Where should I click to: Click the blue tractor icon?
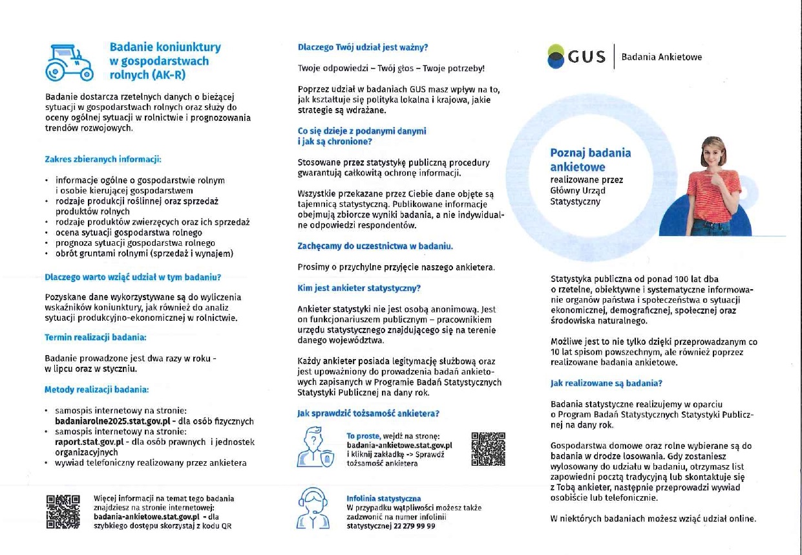[69, 62]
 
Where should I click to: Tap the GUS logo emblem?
[556, 57]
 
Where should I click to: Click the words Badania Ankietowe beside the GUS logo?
[661, 57]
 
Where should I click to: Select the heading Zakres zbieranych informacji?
[103, 158]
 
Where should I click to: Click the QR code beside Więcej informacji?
[63, 512]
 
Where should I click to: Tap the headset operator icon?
[313, 508]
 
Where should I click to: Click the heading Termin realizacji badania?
[95, 337]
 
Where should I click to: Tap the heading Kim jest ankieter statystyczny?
[359, 288]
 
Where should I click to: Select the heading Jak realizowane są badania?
[606, 383]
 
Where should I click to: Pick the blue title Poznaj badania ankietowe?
[590, 160]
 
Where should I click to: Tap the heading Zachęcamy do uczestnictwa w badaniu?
[375, 246]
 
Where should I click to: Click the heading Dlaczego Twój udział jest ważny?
[363, 47]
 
